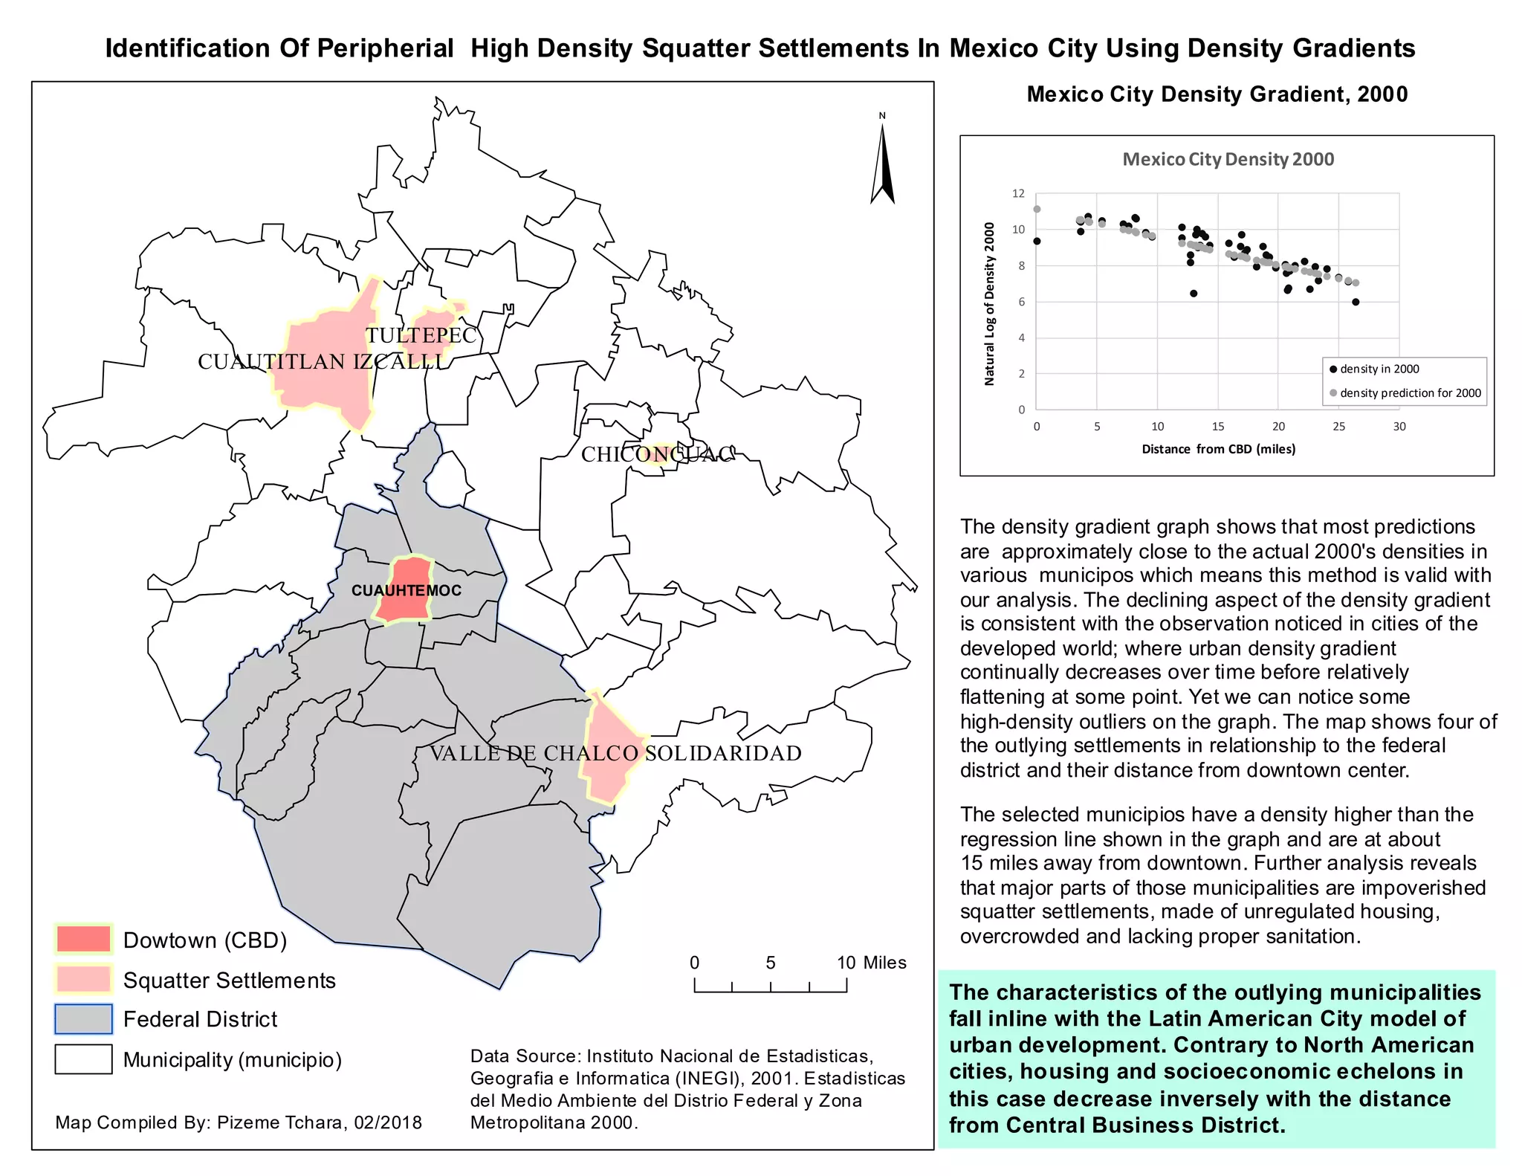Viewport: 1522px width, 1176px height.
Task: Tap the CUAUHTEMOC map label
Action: [x=406, y=591]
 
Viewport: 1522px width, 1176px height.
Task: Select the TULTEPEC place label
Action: [x=421, y=335]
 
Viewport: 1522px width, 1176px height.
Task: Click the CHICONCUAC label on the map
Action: [x=658, y=454]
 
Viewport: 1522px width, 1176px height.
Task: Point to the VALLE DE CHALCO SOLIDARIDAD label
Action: [x=615, y=753]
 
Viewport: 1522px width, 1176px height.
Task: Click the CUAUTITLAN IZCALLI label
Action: [x=321, y=362]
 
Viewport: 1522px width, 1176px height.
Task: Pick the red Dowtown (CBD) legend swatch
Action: [x=83, y=940]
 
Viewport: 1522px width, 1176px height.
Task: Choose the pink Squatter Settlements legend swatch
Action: [x=83, y=979]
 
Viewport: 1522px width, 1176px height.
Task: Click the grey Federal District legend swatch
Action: [x=83, y=1019]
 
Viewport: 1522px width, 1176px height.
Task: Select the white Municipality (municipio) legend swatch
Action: [x=83, y=1059]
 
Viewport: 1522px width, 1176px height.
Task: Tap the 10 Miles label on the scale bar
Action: [x=871, y=963]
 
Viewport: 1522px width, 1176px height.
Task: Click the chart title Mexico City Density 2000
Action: [x=1228, y=159]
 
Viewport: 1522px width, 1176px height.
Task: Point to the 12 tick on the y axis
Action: [x=1017, y=193]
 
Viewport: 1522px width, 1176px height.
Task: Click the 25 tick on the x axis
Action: [x=1338, y=427]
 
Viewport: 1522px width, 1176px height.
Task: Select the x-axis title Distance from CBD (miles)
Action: [x=1218, y=449]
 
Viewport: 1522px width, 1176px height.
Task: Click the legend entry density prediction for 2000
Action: [x=1409, y=393]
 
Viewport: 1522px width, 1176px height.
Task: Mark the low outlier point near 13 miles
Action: [x=1194, y=294]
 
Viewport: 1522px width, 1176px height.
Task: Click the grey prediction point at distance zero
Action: [x=1037, y=210]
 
